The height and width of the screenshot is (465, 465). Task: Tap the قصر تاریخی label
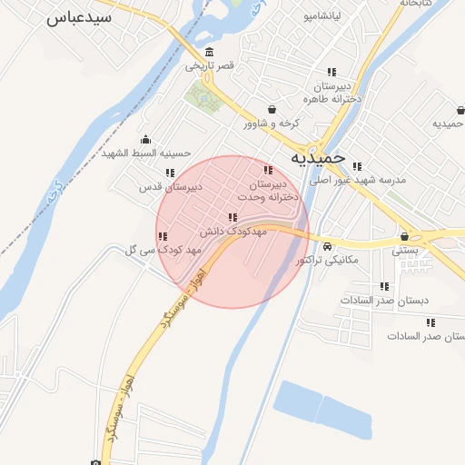point(210,65)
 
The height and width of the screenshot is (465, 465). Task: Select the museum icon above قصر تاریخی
point(210,51)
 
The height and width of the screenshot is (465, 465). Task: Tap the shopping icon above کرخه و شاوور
point(271,110)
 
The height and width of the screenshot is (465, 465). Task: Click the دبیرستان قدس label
point(169,187)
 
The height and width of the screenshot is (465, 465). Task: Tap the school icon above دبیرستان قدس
point(169,173)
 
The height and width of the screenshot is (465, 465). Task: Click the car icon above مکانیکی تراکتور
point(327,246)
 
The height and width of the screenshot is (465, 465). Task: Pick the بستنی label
point(404,252)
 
